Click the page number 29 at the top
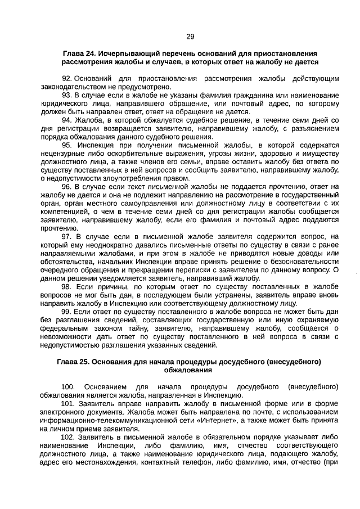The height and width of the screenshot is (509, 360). pos(190,37)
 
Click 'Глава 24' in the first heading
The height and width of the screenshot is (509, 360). pos(78,53)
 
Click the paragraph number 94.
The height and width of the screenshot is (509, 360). pos(67,120)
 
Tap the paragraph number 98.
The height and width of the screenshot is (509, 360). pos(67,286)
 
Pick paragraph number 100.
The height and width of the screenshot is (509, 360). pos(68,387)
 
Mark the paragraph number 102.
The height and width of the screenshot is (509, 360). pos(68,436)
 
